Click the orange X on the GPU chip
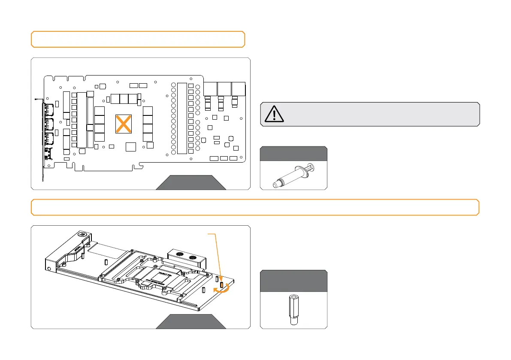123,124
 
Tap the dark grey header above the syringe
293,153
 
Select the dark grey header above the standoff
293,280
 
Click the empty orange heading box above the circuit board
138,39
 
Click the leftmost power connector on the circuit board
209,89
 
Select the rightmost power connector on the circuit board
238,89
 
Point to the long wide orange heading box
255,207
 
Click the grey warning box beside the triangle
378,114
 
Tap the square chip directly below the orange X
130,147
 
